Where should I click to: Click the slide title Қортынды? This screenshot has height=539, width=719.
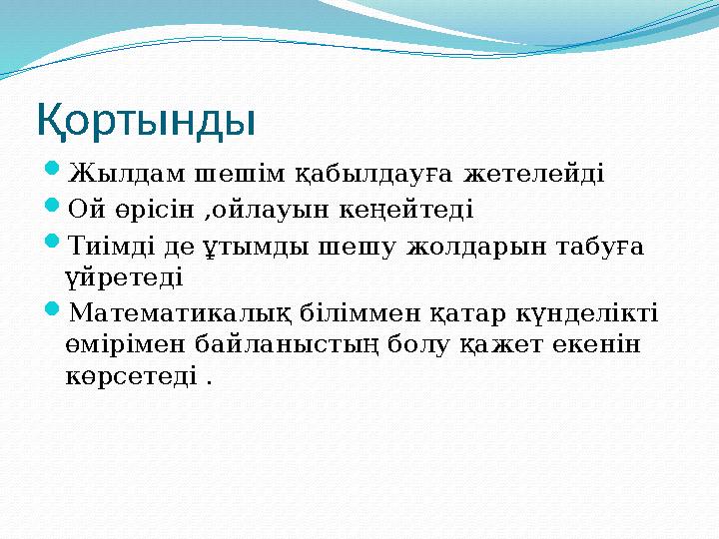[147, 121]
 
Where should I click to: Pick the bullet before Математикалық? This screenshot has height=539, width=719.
[54, 312]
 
